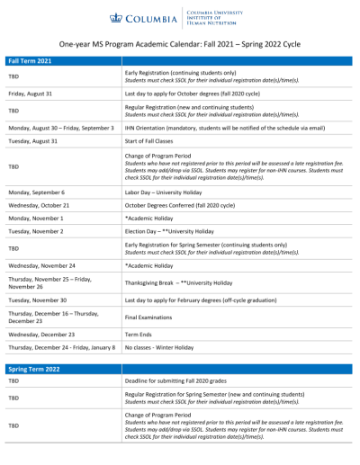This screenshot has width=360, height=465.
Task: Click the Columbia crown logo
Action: (x=114, y=16)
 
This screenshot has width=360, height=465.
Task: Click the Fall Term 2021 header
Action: (x=31, y=59)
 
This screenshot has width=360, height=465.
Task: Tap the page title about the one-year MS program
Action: (x=180, y=41)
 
